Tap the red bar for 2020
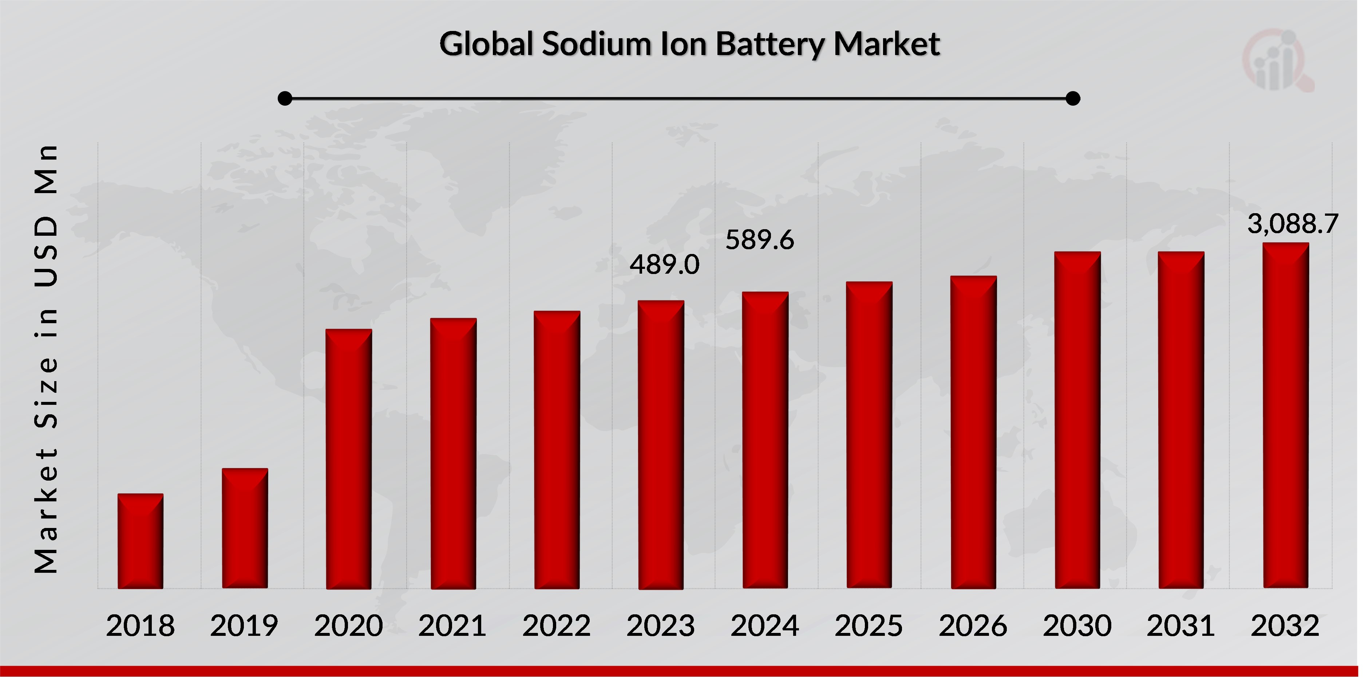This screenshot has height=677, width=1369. click(349, 459)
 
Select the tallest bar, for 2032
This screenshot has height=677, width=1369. click(1286, 415)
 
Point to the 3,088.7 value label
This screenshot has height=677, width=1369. click(1293, 224)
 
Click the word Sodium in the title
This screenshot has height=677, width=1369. click(596, 44)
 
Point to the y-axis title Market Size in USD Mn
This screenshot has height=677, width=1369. click(46, 359)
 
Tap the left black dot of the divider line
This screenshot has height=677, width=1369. click(285, 98)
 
